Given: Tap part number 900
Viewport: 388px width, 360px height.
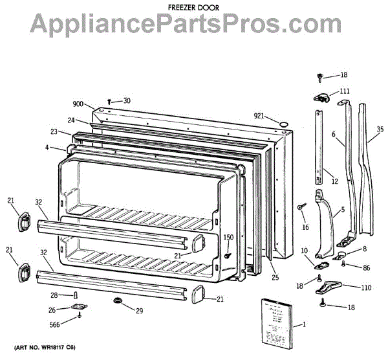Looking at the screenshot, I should click(79, 104).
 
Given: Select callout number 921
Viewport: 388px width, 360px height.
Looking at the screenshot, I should click(259, 115).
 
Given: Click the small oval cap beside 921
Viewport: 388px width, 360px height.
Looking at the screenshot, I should click(282, 122).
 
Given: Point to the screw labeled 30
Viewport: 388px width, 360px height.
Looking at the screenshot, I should click(111, 101).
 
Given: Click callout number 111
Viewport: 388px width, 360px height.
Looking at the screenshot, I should click(345, 91).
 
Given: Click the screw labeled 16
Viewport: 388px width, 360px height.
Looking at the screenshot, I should click(301, 207).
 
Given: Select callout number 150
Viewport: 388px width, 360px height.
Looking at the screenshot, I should click(228, 238).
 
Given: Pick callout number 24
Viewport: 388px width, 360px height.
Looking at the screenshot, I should click(72, 120).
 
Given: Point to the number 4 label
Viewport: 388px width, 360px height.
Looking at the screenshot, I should click(47, 148).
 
